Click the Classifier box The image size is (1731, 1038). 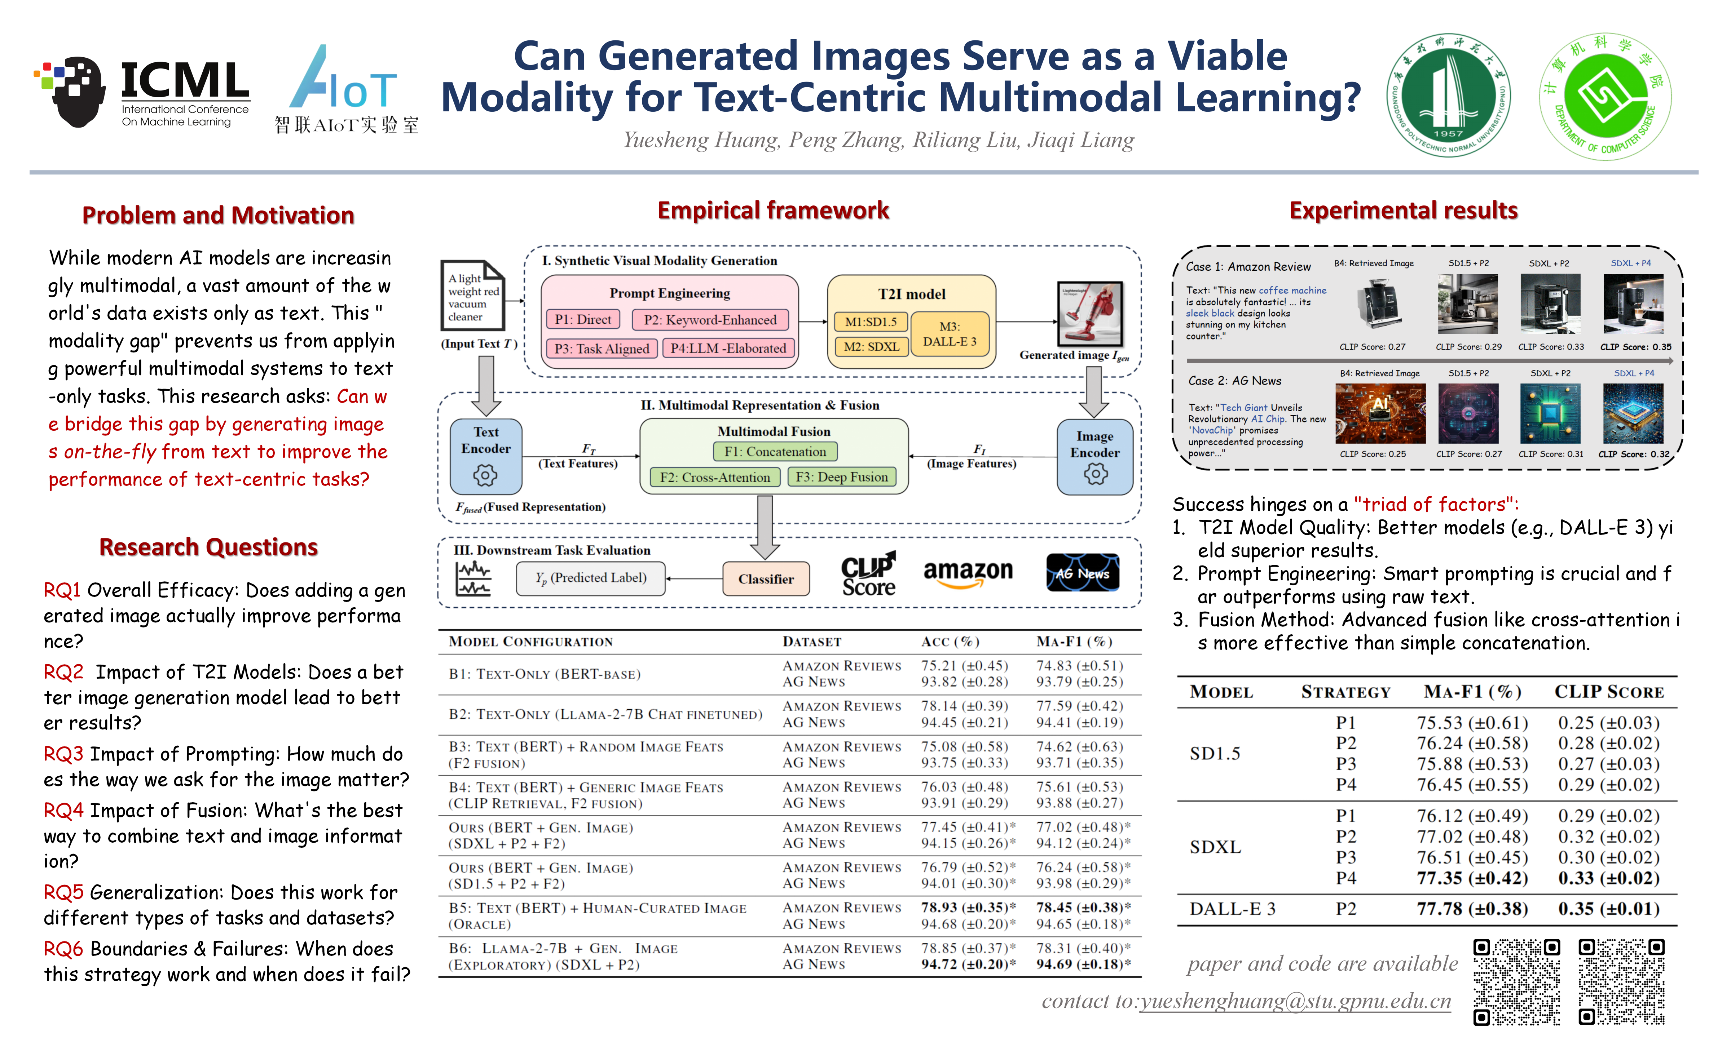766,578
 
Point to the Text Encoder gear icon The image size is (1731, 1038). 485,476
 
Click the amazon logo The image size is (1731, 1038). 968,573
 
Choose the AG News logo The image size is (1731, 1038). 1082,573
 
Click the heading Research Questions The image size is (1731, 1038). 208,547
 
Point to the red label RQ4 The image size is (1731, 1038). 63,810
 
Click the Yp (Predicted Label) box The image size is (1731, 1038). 591,578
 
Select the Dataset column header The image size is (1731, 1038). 812,642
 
